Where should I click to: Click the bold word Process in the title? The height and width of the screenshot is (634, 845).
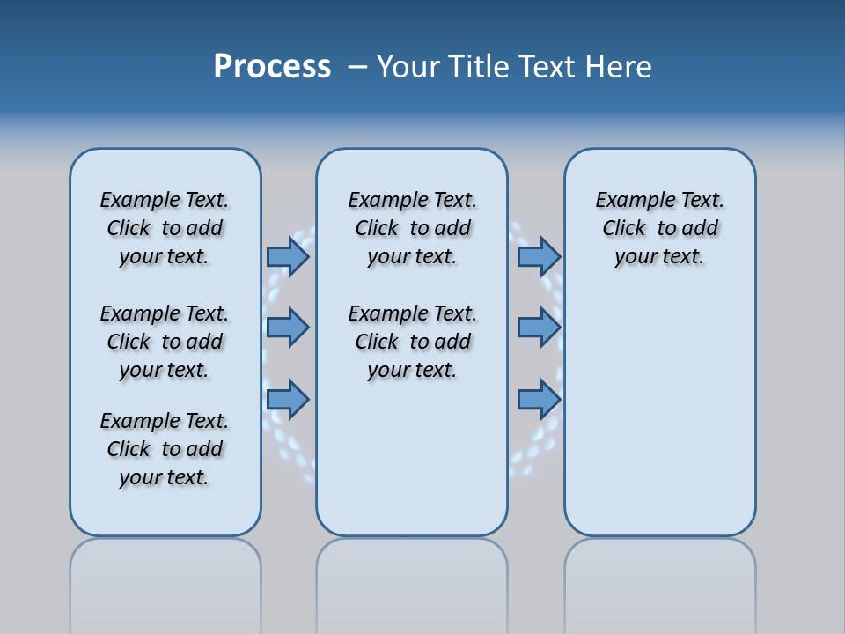point(272,67)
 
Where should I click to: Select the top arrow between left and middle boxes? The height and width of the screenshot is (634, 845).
point(288,256)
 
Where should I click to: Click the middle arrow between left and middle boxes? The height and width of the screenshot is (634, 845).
point(288,328)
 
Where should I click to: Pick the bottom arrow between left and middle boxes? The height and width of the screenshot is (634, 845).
point(288,400)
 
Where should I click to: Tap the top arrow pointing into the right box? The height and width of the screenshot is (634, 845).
point(539,256)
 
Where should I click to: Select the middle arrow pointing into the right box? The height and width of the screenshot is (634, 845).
point(539,328)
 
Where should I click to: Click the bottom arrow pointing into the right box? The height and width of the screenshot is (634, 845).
point(539,400)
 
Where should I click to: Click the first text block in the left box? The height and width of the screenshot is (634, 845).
point(165,228)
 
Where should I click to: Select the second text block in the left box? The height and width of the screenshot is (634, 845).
point(165,342)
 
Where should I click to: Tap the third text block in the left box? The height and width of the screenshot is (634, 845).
point(165,449)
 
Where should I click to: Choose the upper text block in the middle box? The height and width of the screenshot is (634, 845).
point(412,228)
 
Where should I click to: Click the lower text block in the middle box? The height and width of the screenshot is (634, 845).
point(412,342)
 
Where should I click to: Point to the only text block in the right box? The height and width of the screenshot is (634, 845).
point(659,228)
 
